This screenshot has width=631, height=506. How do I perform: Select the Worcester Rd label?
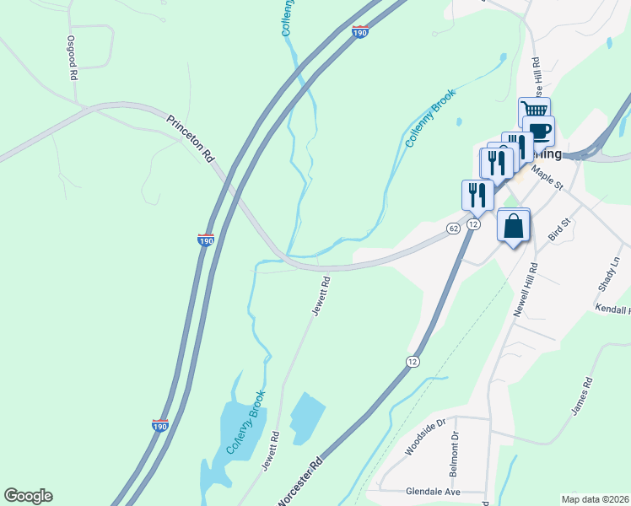click(300, 482)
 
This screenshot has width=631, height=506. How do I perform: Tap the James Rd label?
click(583, 396)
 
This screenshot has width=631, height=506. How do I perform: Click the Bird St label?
click(560, 229)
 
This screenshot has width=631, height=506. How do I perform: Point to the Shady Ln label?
click(608, 275)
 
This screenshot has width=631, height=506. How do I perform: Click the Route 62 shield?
click(453, 229)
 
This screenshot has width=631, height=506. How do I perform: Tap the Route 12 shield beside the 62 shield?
click(472, 224)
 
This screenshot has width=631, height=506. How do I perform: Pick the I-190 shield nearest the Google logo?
click(160, 426)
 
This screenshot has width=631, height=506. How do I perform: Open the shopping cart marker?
click(534, 110)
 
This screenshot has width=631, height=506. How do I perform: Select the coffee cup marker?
click(539, 130)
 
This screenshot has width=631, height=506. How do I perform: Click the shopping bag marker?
click(514, 226)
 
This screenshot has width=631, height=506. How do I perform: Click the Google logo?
click(28, 496)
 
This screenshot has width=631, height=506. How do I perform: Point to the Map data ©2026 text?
click(595, 498)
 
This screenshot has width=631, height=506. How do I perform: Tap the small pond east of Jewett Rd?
click(307, 412)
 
